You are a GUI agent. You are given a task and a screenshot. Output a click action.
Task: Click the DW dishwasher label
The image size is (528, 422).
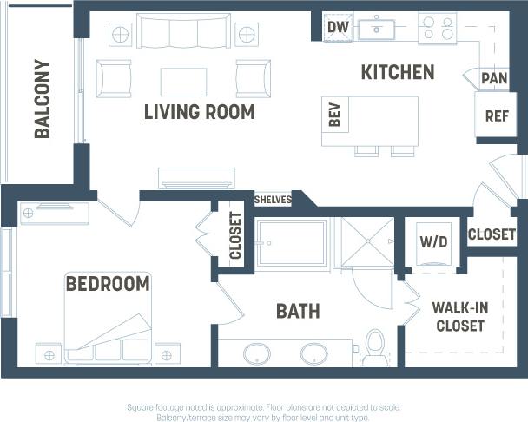coord(338,28)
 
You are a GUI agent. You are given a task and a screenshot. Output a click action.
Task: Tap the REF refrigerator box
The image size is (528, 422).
coord(496,115)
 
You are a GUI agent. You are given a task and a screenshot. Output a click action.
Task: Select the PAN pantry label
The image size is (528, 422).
coord(494,78)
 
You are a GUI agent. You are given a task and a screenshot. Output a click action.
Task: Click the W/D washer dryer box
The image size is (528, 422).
coord(433,241)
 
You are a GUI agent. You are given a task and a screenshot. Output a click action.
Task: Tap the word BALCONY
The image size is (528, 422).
coord(43,98)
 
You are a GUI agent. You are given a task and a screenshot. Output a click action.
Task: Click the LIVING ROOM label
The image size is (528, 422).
coord(199,112)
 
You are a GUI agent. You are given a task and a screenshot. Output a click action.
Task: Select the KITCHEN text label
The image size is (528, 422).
coord(398,72)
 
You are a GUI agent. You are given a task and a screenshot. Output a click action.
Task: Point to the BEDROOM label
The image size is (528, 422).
coord(108,284)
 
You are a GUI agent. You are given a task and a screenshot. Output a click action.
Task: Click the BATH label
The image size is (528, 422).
coord(298,311)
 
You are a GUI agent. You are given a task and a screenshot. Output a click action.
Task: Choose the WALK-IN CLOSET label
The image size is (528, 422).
coord(459,317)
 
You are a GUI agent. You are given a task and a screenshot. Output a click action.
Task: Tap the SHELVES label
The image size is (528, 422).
coord(272,200)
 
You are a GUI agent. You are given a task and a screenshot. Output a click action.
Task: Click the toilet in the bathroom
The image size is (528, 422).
coord(375,342)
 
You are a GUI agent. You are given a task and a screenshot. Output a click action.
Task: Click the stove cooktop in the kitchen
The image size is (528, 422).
coord(437,29)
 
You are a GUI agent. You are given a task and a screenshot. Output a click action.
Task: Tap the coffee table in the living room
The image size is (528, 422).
coord(183,82)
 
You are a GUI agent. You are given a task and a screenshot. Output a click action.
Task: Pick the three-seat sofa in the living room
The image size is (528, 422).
coord(183,33)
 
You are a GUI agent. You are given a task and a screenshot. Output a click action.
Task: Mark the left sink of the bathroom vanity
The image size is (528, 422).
coord(256,353)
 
